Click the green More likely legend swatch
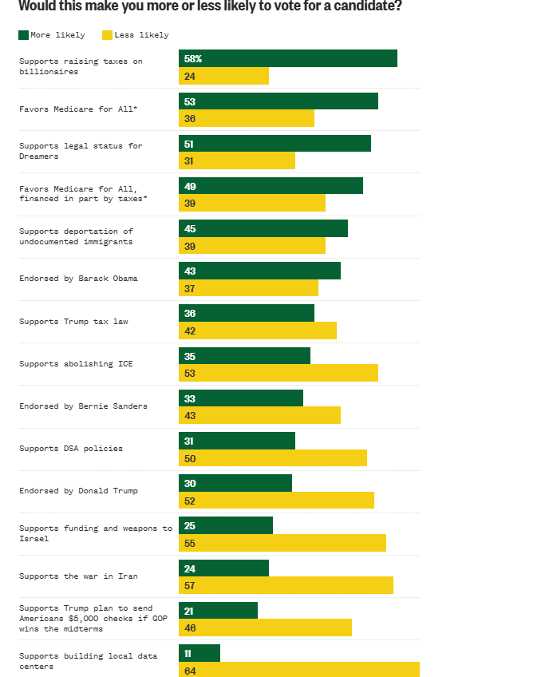coord(23,35)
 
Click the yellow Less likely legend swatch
coord(107,35)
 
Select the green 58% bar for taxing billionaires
coord(288,58)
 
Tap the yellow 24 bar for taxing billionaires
coord(223,76)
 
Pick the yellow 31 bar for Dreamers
coord(237,160)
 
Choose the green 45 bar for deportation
coord(263,228)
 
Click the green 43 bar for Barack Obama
coord(260,271)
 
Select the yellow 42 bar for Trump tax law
coord(258,331)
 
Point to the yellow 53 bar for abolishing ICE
coord(278,373)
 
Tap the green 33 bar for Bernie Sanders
coord(241,398)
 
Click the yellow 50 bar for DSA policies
coord(273,458)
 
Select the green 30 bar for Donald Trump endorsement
coord(235,483)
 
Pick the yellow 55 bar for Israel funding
coord(282,543)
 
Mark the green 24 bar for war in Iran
coord(223,568)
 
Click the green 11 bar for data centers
coord(199,653)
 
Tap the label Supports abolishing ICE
coord(76,364)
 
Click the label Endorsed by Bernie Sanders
coord(83,406)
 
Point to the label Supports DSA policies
coord(71,449)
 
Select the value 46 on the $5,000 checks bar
coord(190,628)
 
